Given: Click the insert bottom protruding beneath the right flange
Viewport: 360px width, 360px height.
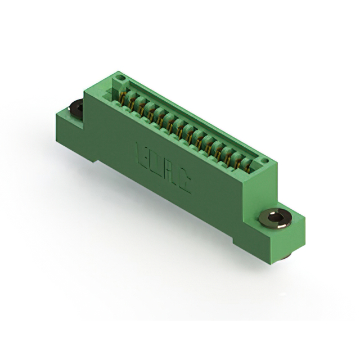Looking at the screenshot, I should (286, 256).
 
